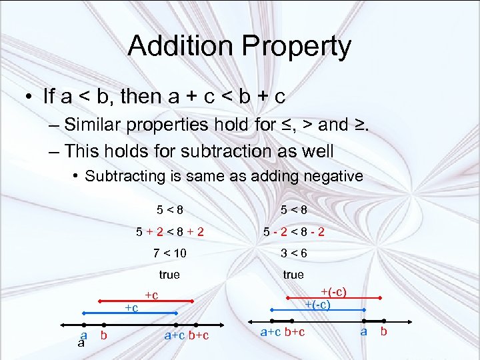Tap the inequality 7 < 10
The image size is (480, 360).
pos(169,253)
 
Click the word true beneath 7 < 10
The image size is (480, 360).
pos(169,275)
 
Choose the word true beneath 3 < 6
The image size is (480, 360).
pos(293,275)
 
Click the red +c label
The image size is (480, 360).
pos(151,295)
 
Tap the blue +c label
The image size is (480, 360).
pos(131,308)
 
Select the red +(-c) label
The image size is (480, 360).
pos(334,292)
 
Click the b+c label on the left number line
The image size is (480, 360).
pos(198,335)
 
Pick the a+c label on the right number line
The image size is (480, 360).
pos(271,332)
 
